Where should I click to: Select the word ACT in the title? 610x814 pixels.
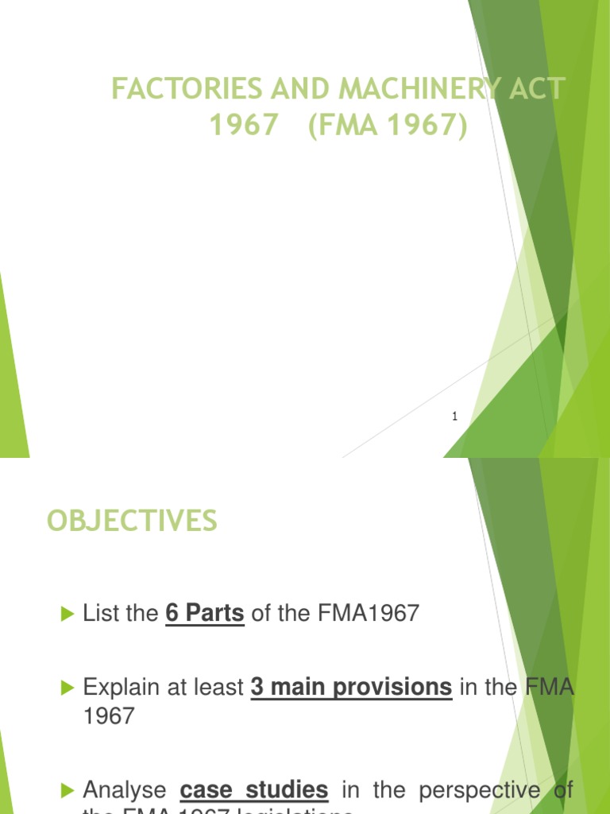(x=536, y=89)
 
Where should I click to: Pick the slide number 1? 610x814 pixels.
(x=454, y=416)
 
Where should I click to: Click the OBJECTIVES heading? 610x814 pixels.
(x=131, y=521)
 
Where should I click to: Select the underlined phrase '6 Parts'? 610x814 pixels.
(x=204, y=614)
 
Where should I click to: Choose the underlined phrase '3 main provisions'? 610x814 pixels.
(x=351, y=687)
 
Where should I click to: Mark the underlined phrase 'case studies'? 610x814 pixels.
(x=254, y=789)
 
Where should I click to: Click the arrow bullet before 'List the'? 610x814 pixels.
(x=66, y=614)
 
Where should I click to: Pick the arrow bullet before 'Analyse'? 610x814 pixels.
(x=66, y=790)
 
